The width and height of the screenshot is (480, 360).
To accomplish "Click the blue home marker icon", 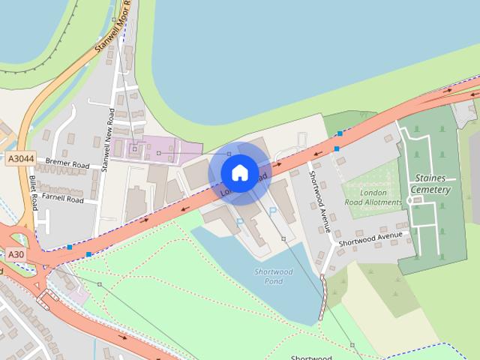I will [239, 172].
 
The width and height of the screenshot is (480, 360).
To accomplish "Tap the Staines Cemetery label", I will [430, 184].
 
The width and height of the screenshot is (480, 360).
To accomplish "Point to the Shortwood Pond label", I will [273, 276].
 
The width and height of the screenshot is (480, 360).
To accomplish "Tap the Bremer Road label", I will [67, 163].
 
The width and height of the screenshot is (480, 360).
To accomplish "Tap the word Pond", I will [274, 281].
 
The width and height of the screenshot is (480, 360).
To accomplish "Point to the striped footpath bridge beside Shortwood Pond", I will [324, 297].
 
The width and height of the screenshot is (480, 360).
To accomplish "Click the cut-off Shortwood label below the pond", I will [310, 357].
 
